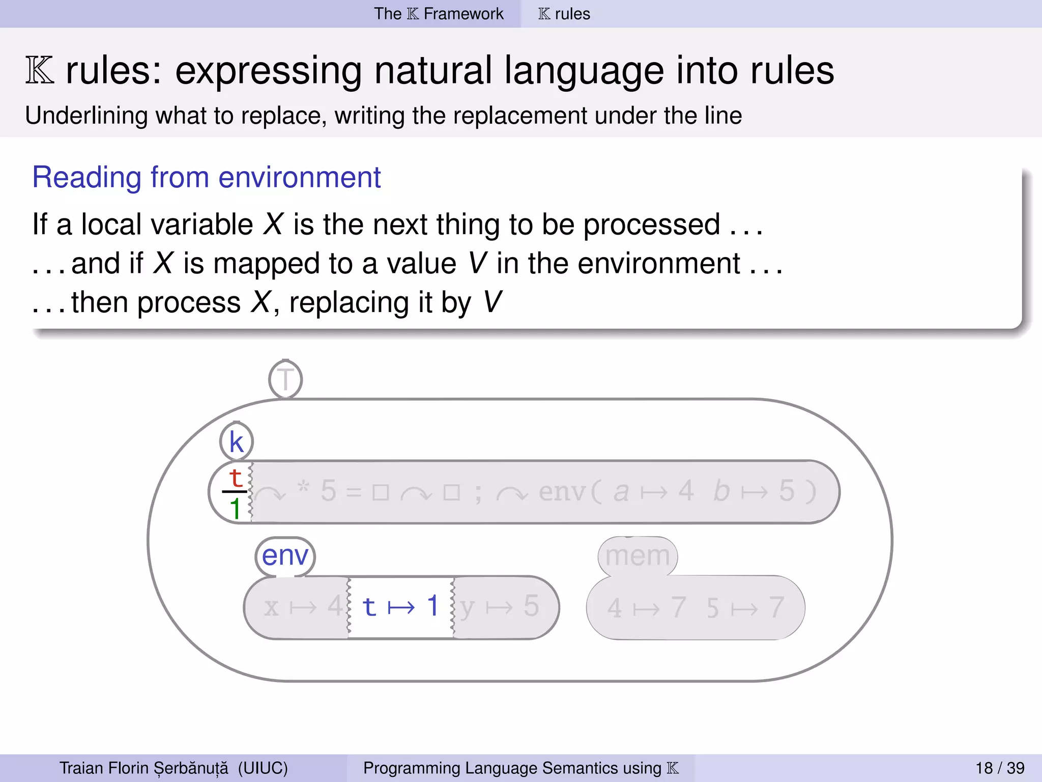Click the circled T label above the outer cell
(x=285, y=379)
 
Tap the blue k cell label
(x=236, y=441)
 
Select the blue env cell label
(x=285, y=555)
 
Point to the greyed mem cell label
(x=638, y=555)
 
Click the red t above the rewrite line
(x=235, y=478)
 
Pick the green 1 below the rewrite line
(x=235, y=509)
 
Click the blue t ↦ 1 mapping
(x=400, y=606)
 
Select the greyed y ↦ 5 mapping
(x=499, y=606)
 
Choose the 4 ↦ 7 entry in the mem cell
(x=646, y=608)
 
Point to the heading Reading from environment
(x=206, y=177)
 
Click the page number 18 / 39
(x=1000, y=768)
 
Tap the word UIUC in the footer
(x=263, y=768)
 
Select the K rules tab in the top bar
(x=564, y=14)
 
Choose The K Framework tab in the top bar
(x=439, y=14)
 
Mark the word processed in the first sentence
(x=651, y=225)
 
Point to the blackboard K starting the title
(x=40, y=71)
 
